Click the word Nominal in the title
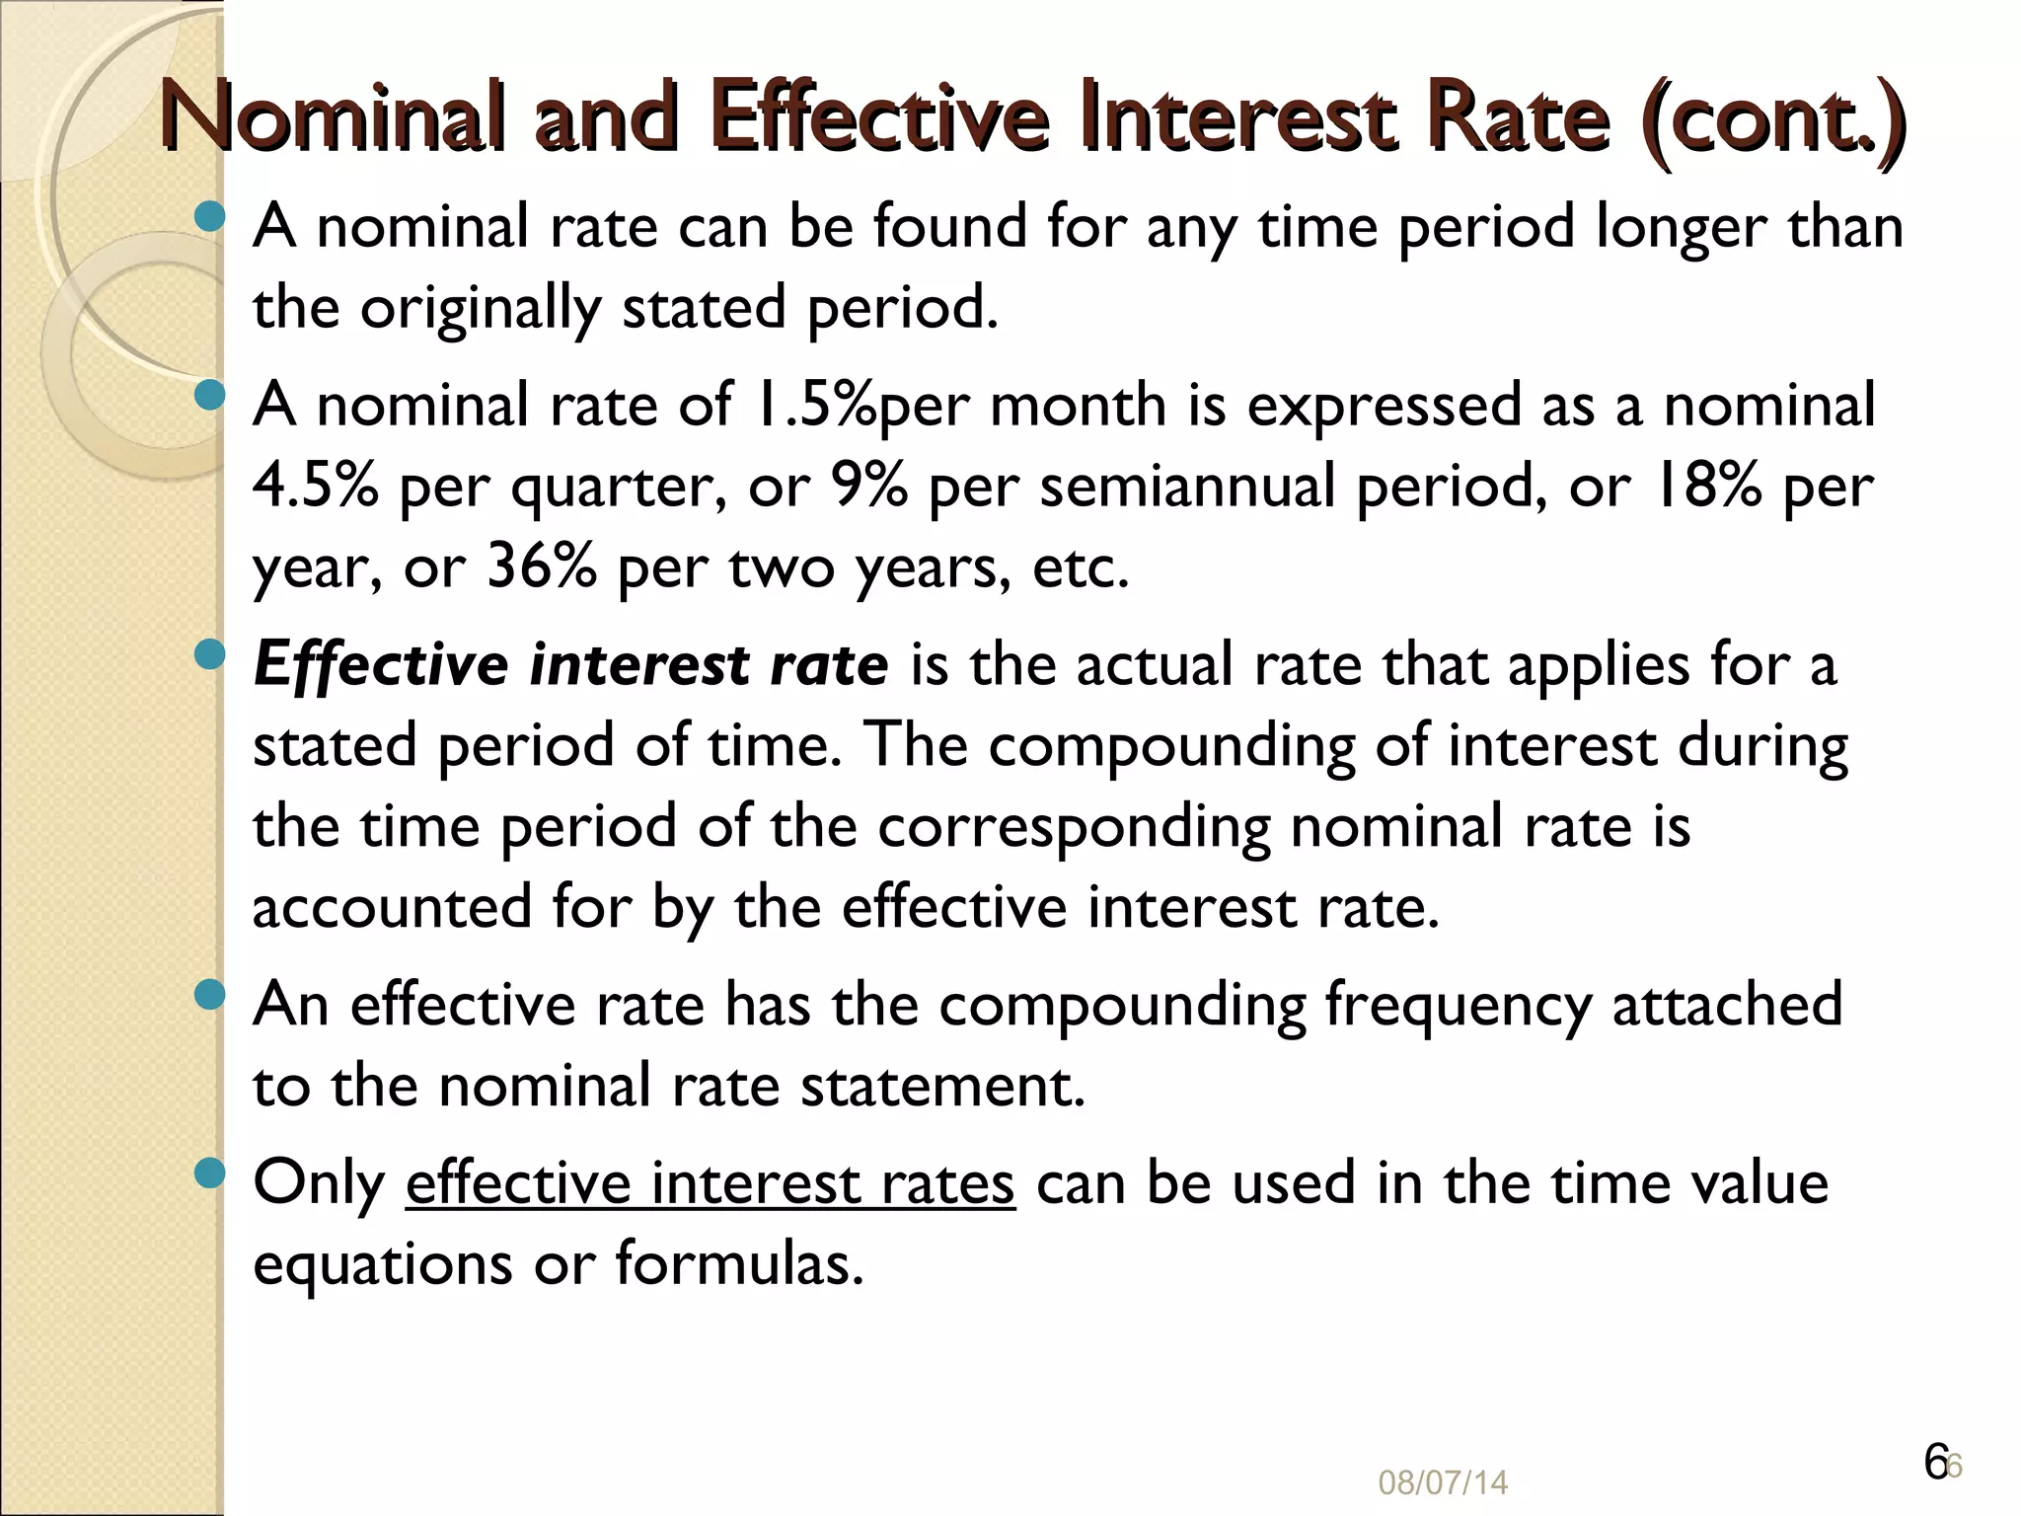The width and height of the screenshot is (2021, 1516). tap(327, 118)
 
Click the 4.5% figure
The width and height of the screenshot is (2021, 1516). tap(315, 487)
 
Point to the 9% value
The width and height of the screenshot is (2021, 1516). tap(867, 487)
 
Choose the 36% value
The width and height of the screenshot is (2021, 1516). tap(541, 568)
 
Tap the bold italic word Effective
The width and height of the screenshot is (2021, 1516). tap(380, 665)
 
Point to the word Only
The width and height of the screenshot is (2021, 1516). tap(318, 1183)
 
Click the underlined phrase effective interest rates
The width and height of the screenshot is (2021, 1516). tap(710, 1183)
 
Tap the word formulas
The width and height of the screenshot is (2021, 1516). tap(739, 1264)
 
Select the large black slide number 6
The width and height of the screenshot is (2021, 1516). tap(1935, 1462)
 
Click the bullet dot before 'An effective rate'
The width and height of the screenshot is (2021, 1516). tap(209, 994)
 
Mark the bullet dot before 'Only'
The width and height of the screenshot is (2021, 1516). tap(209, 1173)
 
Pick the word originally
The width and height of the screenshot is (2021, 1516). tap(480, 309)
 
